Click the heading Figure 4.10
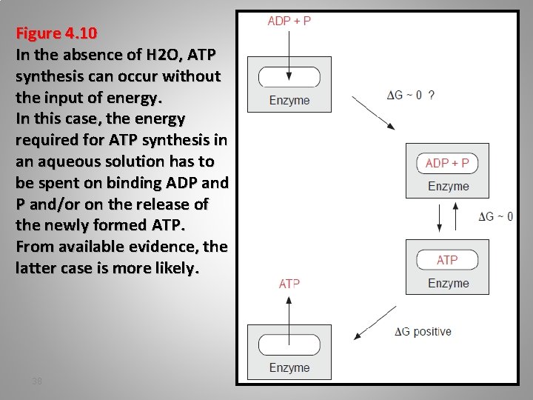click(56, 34)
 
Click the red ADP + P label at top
click(289, 21)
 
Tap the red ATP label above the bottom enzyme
click(289, 284)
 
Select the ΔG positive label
click(423, 331)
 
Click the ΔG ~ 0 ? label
click(411, 95)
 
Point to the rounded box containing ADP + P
click(447, 163)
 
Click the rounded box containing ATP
click(447, 260)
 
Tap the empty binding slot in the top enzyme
click(289, 77)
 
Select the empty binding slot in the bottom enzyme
click(289, 344)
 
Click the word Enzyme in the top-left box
click(289, 100)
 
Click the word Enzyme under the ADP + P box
click(448, 187)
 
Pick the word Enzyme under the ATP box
click(448, 283)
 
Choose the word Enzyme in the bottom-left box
click(289, 367)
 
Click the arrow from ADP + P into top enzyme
click(289, 52)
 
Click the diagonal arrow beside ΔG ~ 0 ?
click(372, 111)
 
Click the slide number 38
click(38, 381)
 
